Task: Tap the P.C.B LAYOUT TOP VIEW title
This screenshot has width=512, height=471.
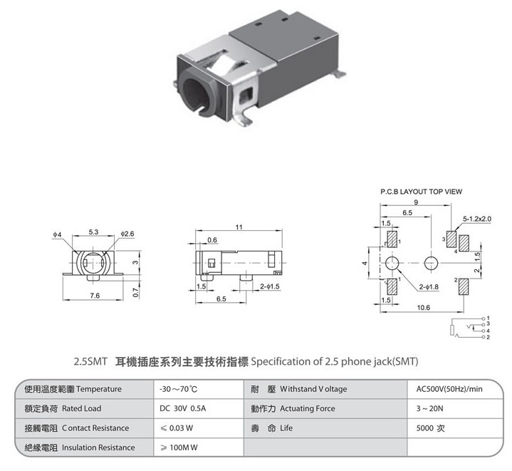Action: (x=422, y=192)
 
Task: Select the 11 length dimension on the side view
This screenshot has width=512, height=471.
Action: (x=239, y=227)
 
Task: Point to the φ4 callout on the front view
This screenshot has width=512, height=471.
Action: (x=57, y=234)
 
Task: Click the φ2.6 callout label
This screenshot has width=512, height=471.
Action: (x=127, y=234)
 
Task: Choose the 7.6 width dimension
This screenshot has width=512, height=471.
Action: (x=95, y=296)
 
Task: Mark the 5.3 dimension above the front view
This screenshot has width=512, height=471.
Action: (x=93, y=232)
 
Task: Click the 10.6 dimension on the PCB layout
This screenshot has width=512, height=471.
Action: (x=423, y=307)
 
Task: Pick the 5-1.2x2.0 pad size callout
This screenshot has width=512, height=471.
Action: (x=477, y=219)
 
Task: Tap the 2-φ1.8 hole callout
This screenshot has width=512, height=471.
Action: (x=429, y=286)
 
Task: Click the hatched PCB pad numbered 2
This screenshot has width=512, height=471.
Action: (x=464, y=286)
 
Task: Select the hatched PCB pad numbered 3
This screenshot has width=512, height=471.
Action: (x=451, y=239)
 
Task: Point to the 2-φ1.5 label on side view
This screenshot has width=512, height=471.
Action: (x=270, y=286)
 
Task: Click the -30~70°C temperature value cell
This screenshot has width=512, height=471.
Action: (x=178, y=389)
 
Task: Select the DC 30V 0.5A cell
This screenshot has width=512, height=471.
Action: (x=182, y=408)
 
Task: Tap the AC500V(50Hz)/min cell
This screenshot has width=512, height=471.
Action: (x=449, y=389)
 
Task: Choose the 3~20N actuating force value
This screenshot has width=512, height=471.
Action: (x=429, y=408)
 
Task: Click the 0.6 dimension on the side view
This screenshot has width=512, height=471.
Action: (x=212, y=239)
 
